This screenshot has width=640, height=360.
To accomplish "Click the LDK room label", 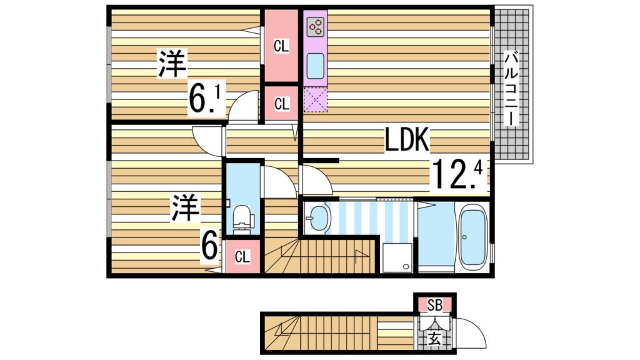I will [x=407, y=141].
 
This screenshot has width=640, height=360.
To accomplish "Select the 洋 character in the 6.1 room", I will [x=172, y=64].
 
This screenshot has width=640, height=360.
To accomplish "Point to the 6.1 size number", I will [x=206, y=100].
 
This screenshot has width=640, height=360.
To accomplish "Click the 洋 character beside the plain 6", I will [x=186, y=207].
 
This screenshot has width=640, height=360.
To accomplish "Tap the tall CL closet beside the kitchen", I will [x=281, y=46].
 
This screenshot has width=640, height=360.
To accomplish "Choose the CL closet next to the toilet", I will [x=242, y=256].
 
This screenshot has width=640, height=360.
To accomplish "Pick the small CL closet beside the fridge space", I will [x=281, y=104].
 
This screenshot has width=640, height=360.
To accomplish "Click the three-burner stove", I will [x=316, y=26].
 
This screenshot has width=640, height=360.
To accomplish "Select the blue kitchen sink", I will [x=316, y=63].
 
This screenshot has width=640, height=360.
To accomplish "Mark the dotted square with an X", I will [x=316, y=100].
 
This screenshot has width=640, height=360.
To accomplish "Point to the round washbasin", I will [x=319, y=219].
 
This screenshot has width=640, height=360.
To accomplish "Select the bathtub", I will [x=473, y=237].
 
